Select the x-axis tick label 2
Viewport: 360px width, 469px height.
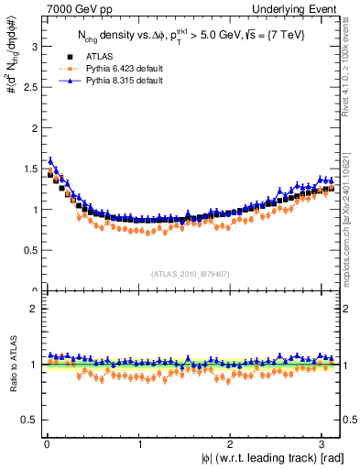click(231, 445)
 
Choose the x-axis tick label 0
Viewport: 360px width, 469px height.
click(47, 445)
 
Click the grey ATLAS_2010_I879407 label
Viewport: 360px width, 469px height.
click(191, 274)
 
